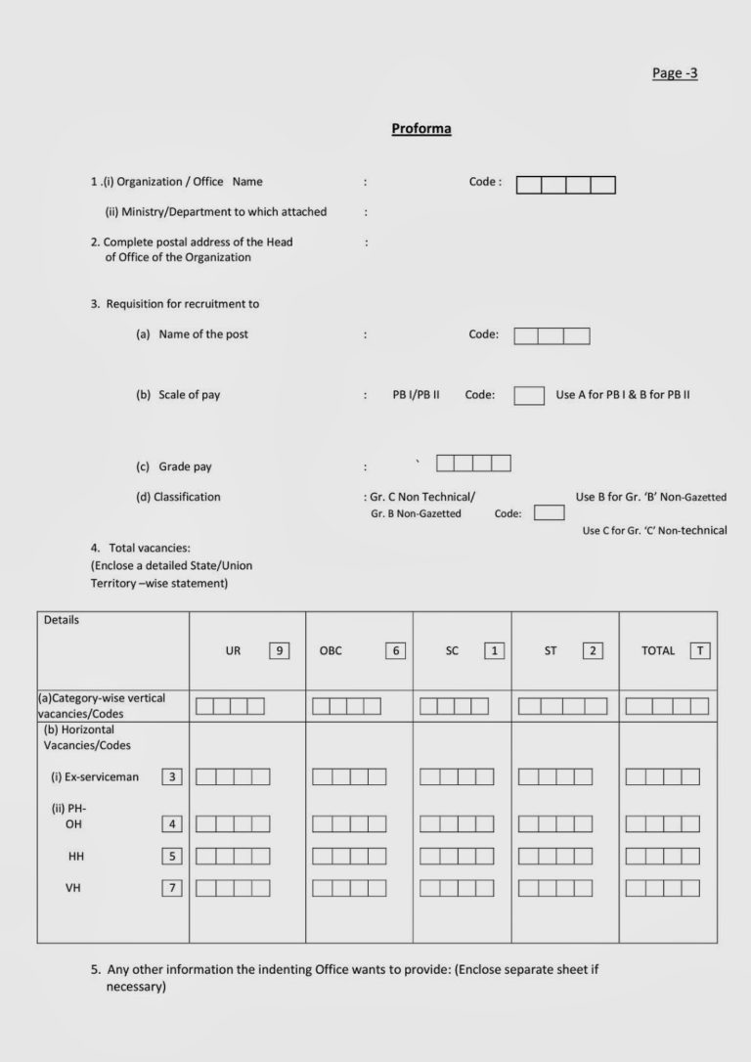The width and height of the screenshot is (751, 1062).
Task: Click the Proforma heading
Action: point(420,129)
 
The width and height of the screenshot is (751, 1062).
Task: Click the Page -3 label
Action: point(675,73)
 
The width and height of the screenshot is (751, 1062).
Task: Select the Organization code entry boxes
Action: point(565,185)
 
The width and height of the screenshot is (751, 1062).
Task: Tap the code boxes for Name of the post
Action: point(552,336)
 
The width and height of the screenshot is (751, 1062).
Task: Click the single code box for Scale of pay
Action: point(529,395)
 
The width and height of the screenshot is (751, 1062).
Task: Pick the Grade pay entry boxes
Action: point(473,464)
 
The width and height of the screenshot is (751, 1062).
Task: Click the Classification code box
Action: point(549,512)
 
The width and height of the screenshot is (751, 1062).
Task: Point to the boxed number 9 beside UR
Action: point(280,650)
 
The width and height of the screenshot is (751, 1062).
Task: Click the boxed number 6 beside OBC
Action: point(395,650)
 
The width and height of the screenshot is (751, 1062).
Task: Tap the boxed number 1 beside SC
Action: point(494,650)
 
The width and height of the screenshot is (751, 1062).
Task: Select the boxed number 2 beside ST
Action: point(593,650)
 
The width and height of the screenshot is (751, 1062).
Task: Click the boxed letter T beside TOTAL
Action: point(699,650)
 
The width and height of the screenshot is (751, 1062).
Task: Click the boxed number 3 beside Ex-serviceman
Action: point(172,776)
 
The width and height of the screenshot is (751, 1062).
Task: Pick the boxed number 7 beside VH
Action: point(172,888)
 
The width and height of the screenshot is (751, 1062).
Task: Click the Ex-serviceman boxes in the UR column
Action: point(233,777)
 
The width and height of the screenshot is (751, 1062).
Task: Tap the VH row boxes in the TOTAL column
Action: point(662,888)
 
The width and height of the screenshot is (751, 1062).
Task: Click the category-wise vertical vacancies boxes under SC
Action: point(454,706)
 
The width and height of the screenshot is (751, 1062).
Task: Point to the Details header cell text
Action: point(62,620)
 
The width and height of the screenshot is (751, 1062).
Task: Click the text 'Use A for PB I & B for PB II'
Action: point(623,395)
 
